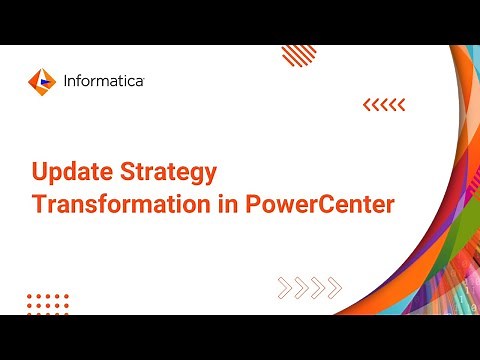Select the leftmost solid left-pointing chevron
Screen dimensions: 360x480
pos(366,104)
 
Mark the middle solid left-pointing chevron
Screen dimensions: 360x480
pos(384,104)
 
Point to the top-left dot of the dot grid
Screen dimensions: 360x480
pos(30,295)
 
